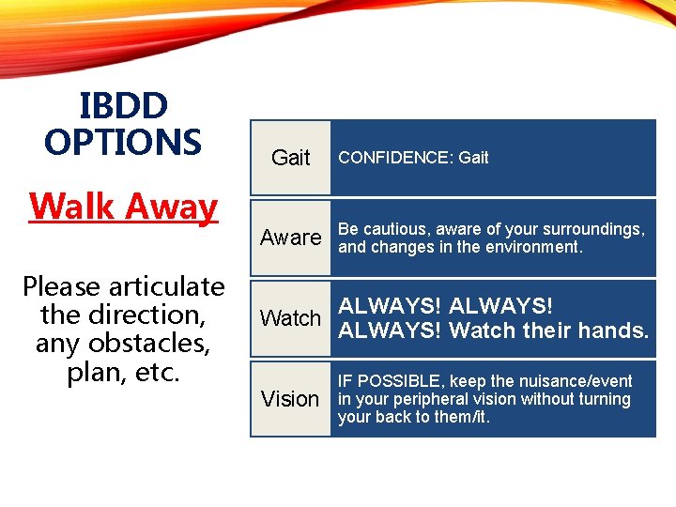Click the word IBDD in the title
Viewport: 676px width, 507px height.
[123, 105]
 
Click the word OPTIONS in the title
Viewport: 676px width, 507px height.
[123, 142]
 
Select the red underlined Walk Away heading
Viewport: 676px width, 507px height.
[123, 206]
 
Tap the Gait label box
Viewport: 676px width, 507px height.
[290, 158]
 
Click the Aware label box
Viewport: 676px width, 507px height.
[290, 238]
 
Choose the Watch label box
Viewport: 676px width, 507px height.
[290, 318]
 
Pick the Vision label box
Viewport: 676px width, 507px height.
[290, 399]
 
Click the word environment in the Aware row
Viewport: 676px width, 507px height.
[537, 247]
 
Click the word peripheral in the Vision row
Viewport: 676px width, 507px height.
[422, 399]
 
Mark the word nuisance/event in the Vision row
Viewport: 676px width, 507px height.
[574, 381]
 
